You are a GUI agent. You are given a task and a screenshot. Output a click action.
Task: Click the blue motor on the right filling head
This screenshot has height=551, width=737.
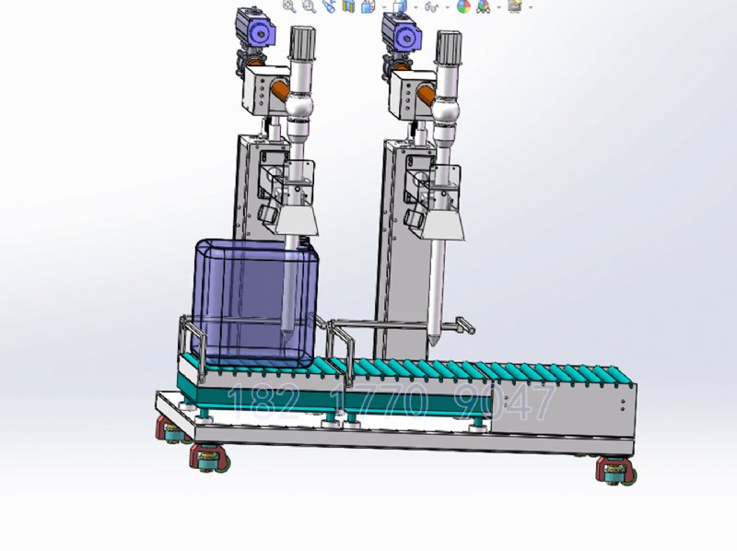tap(401, 31)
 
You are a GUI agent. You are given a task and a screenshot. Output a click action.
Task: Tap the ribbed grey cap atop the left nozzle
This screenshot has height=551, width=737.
tap(303, 42)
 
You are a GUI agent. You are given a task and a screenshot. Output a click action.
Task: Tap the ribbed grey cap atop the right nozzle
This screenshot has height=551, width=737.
tap(449, 47)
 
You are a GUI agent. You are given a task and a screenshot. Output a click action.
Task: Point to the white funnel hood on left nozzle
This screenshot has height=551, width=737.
tap(297, 220)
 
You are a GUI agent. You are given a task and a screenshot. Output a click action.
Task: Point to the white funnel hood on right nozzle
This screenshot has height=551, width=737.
tap(443, 225)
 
